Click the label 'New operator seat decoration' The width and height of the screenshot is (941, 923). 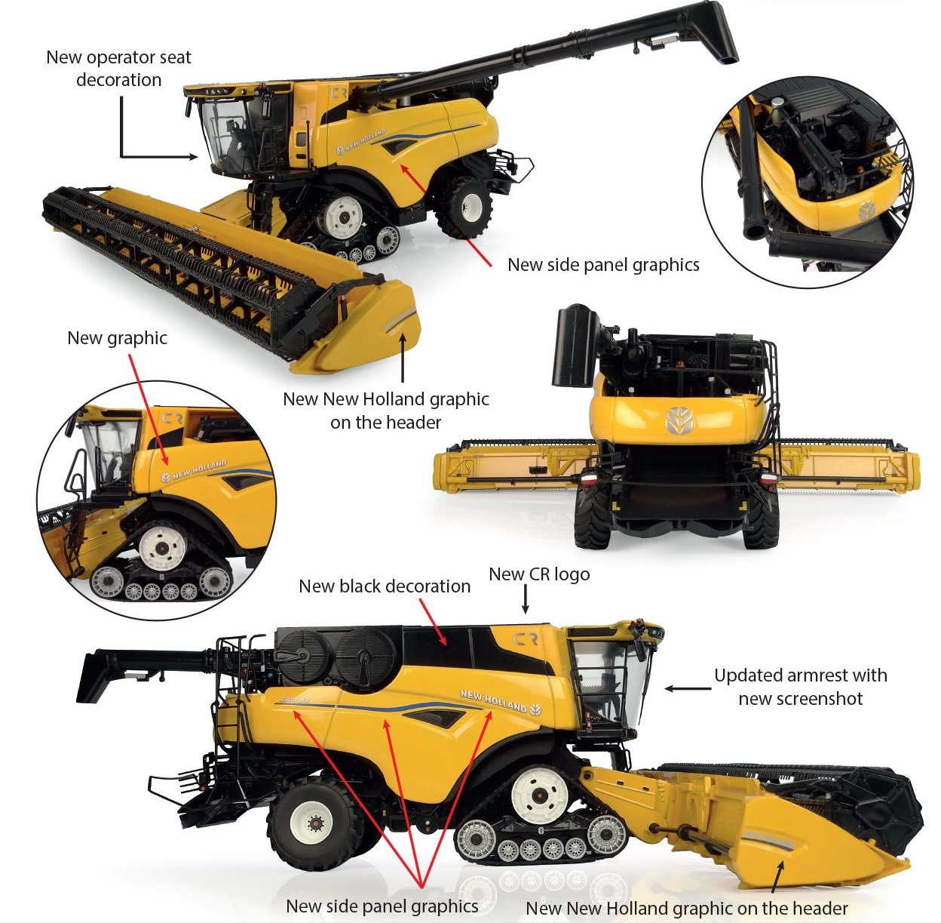pyautogui.click(x=118, y=69)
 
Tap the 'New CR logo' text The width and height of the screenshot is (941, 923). pyautogui.click(x=539, y=574)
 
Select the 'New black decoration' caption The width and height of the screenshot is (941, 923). pyautogui.click(x=385, y=586)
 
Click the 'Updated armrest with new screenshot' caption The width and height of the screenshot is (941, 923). pyautogui.click(x=800, y=687)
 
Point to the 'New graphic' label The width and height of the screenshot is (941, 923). pyautogui.click(x=117, y=338)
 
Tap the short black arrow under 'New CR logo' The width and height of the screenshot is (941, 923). pyautogui.click(x=526, y=599)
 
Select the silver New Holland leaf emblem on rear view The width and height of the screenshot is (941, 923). pyautogui.click(x=679, y=421)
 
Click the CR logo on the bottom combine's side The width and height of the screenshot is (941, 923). pyautogui.click(x=526, y=639)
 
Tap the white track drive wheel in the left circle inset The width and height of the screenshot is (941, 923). pyautogui.click(x=161, y=547)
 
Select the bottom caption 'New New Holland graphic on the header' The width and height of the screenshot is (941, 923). pyautogui.click(x=686, y=908)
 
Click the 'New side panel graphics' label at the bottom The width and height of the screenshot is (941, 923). pyautogui.click(x=382, y=906)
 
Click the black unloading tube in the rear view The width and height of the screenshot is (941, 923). pyautogui.click(x=575, y=345)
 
